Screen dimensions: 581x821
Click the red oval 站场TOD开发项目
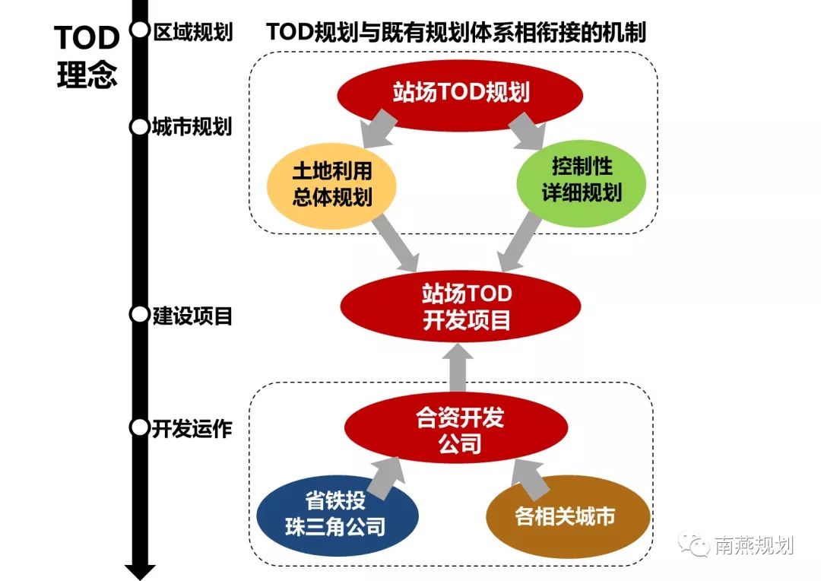click(461, 306)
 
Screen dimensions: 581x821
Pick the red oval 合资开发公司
click(460, 430)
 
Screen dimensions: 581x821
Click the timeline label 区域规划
click(192, 32)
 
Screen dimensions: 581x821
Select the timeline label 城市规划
click(192, 126)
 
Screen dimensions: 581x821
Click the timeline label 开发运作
click(192, 429)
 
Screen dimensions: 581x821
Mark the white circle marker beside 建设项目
click(139, 314)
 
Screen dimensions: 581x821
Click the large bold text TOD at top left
click(87, 38)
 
